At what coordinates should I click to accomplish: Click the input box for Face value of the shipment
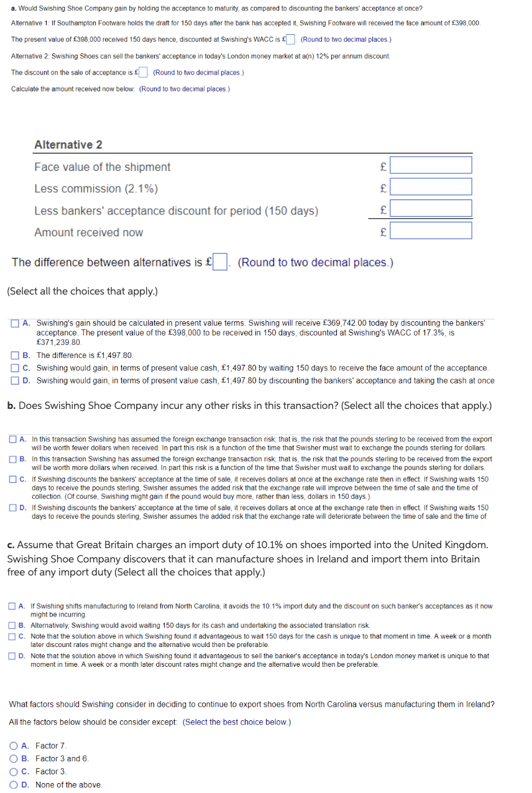[431, 165]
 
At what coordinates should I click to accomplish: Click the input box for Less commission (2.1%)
[431, 187]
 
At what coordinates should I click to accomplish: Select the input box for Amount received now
[431, 231]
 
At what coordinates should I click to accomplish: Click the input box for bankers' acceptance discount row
[431, 209]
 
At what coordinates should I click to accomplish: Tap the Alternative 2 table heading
[68, 145]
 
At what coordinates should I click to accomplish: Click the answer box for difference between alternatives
[220, 262]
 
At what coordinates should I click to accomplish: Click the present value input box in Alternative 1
[290, 40]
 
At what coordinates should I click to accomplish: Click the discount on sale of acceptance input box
[143, 72]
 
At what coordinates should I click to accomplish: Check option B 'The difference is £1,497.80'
[14, 355]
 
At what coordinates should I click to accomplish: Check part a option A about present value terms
[14, 323]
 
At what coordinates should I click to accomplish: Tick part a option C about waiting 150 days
[14, 368]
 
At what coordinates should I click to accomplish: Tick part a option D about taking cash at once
[14, 380]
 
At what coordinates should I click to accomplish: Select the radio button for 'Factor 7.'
[13, 746]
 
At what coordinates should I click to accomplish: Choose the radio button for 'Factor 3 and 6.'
[13, 759]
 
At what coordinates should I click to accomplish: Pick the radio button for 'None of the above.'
[13, 785]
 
